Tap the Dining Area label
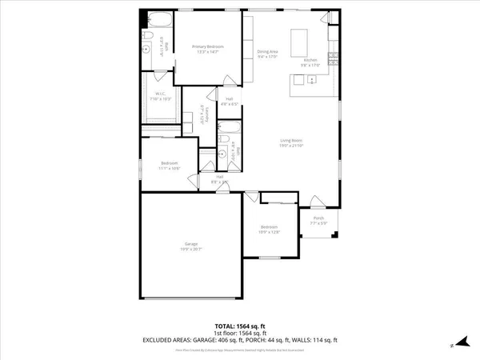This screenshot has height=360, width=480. tap(267, 54)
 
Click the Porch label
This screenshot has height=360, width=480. tap(318, 220)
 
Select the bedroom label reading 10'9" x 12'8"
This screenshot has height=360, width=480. tap(270, 230)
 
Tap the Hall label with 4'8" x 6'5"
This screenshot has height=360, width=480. tap(230, 102)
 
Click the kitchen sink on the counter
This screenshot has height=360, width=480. tap(298, 79)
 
